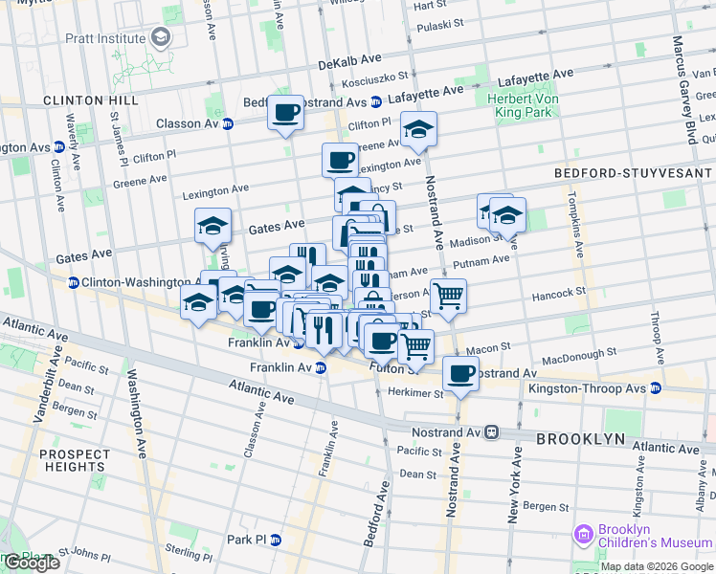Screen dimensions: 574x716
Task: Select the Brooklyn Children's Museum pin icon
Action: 583,531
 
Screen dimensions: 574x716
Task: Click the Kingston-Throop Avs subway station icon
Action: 656,387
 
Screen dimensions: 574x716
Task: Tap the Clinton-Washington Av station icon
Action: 73,282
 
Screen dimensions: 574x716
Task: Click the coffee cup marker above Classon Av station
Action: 285,113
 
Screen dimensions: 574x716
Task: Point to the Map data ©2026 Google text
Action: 656,566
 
